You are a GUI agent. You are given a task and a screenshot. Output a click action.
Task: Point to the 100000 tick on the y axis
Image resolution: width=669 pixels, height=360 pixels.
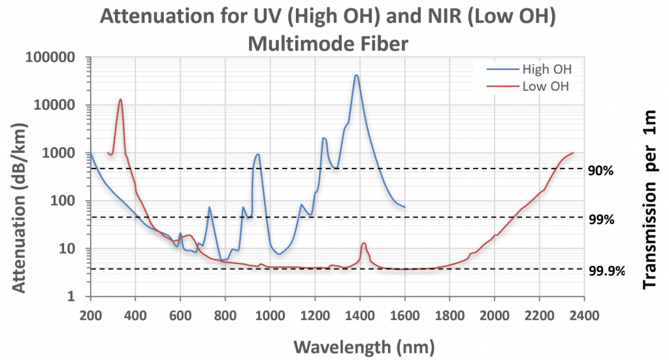point(51,57)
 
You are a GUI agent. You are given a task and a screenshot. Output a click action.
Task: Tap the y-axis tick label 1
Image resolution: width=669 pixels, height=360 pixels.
point(73,297)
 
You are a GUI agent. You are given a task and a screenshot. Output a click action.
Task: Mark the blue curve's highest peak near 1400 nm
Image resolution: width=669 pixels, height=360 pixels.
point(356,75)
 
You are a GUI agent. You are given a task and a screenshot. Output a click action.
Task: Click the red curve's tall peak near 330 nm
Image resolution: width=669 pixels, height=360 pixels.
point(120,99)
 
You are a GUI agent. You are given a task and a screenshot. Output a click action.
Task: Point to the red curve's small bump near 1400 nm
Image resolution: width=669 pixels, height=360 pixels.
point(364,243)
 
